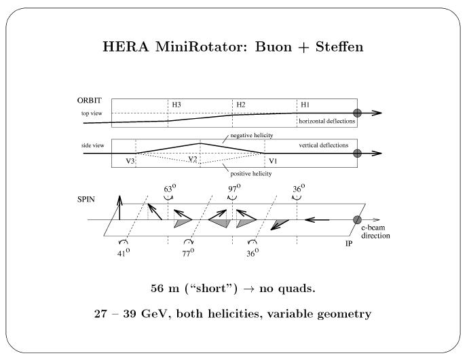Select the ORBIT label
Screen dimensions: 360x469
[88, 101]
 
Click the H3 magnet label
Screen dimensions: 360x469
[176, 105]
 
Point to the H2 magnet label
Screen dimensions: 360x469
[240, 105]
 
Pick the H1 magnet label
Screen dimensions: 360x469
[305, 105]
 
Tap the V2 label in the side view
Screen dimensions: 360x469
[193, 160]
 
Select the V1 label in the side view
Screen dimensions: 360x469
[273, 161]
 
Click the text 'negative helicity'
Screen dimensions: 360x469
[252, 136]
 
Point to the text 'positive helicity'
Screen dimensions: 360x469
[250, 174]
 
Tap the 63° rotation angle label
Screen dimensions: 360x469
[171, 188]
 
